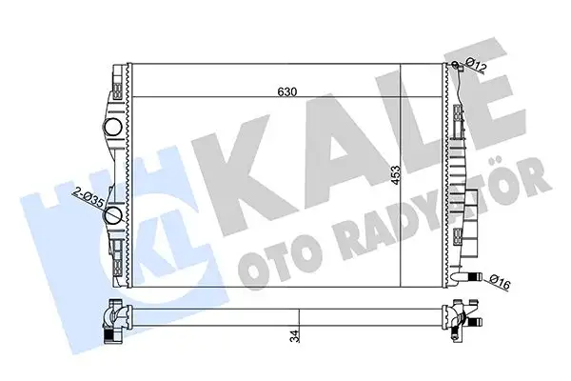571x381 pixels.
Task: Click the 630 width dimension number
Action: tap(287, 91)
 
